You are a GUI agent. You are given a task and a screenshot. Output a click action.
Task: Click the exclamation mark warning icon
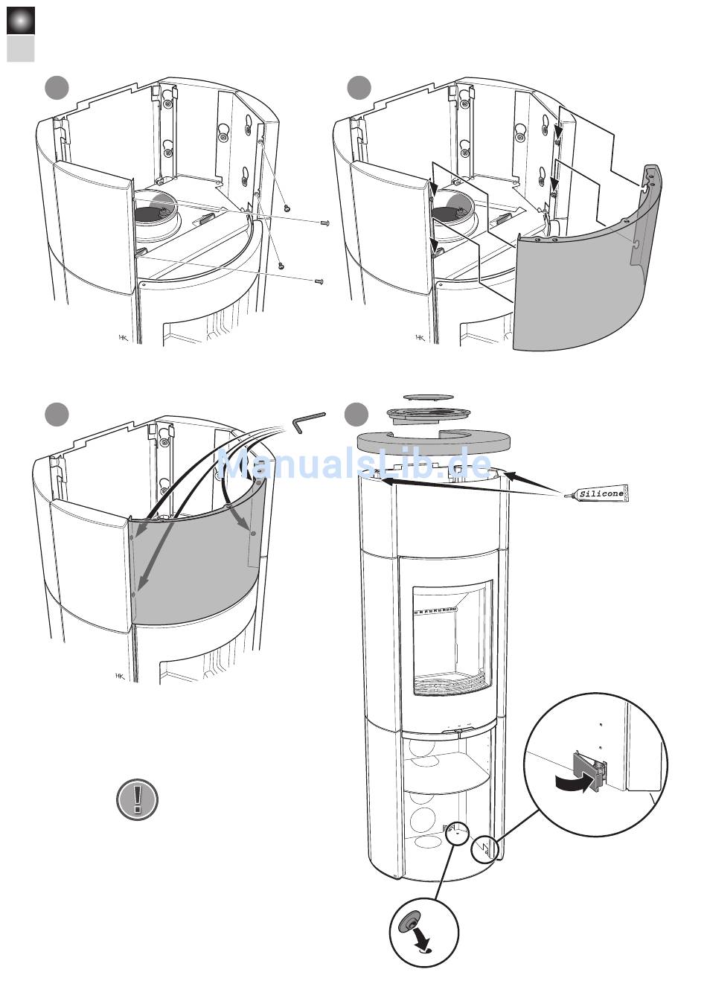[x=138, y=799]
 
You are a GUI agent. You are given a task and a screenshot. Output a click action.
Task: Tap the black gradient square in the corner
[x=21, y=20]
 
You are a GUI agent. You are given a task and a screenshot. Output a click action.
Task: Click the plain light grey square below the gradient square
[x=21, y=48]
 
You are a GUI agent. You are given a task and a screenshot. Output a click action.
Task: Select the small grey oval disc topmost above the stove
[x=428, y=397]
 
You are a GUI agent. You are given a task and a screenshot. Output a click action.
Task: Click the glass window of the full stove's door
[x=452, y=636]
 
